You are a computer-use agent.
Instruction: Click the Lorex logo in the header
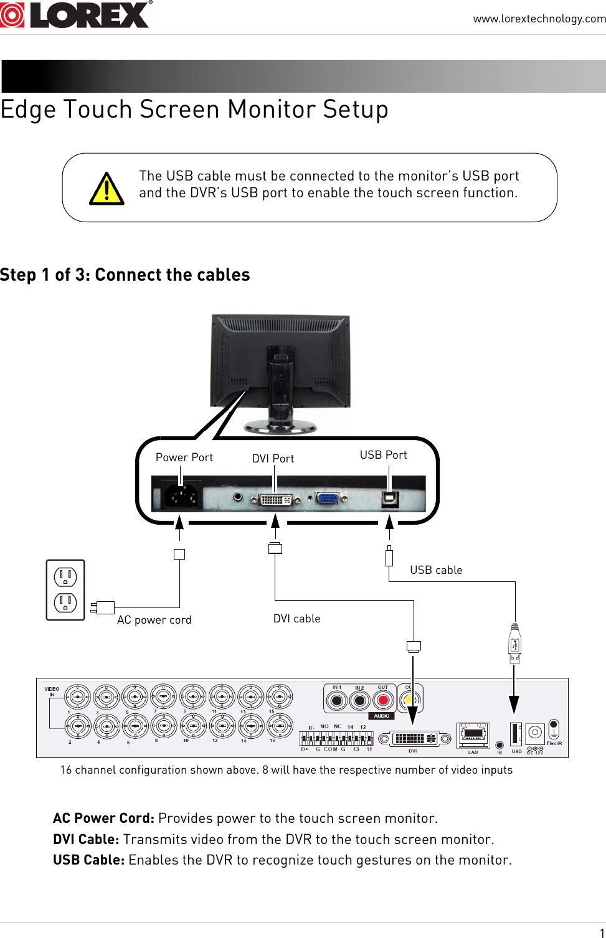coord(76,15)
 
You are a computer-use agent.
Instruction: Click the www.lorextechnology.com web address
coord(539,19)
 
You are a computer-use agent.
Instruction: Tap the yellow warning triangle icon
coord(107,189)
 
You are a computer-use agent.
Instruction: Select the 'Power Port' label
coord(184,457)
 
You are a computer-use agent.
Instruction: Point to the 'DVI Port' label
coord(273,459)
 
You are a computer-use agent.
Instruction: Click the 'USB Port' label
coord(383,455)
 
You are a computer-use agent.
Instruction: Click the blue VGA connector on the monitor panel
coord(328,498)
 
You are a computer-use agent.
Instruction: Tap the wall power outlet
coord(65,589)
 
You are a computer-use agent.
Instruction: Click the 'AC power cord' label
coord(154,620)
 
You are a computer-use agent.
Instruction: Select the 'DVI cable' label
coord(296,619)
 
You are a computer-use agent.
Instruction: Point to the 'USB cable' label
coord(436,570)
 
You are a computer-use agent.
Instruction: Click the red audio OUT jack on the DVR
coord(383,701)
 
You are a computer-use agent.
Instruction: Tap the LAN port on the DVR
coord(473,736)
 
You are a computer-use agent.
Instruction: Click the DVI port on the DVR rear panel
coord(414,739)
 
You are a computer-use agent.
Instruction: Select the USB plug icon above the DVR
coord(514,644)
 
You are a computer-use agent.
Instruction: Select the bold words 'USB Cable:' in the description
coord(88,860)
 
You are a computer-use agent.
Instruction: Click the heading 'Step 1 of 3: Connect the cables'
coord(125,274)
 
